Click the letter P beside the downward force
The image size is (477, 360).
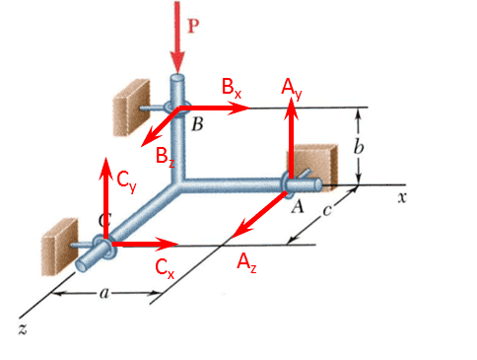click(x=193, y=26)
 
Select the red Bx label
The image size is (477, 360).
click(x=232, y=88)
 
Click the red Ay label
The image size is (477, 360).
click(x=292, y=90)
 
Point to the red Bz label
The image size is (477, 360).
click(x=166, y=157)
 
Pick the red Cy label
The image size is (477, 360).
click(x=126, y=182)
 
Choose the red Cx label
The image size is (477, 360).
click(x=165, y=268)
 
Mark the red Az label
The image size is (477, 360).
click(x=246, y=262)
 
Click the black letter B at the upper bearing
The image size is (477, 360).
click(x=197, y=124)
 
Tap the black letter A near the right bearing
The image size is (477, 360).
click(x=298, y=207)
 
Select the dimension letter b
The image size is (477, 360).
click(x=359, y=146)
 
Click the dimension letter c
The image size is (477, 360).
click(x=326, y=211)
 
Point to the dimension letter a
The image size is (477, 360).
click(x=104, y=293)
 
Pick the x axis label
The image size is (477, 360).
click(x=402, y=198)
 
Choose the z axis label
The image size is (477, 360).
click(x=23, y=328)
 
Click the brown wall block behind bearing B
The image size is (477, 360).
click(x=131, y=108)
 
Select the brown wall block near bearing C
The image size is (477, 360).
click(x=59, y=247)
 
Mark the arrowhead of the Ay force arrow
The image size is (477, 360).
click(x=291, y=108)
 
